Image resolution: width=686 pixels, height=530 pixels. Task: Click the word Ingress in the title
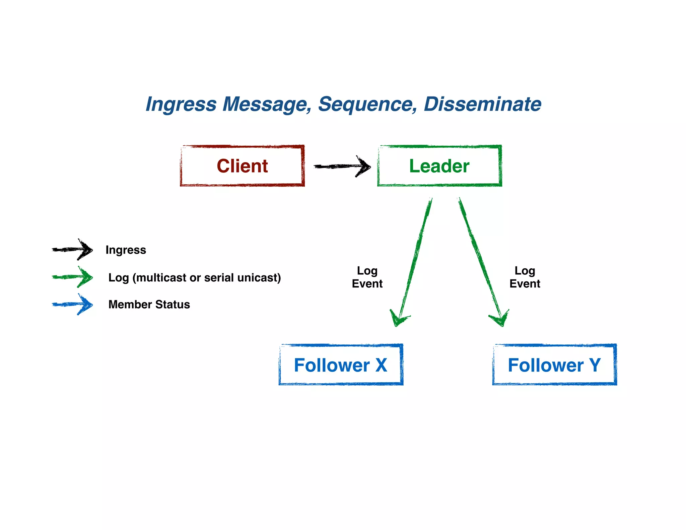click(181, 104)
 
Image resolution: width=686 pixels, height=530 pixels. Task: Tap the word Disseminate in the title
click(482, 104)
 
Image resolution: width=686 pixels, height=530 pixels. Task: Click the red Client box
click(242, 166)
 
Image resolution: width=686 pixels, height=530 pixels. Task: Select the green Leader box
click(439, 166)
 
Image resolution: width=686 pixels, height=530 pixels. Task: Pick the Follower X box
click(341, 365)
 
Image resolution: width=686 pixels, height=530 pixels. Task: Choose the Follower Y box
click(554, 365)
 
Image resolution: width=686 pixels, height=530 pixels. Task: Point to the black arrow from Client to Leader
click(342, 166)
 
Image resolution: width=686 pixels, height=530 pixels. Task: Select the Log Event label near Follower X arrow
click(367, 277)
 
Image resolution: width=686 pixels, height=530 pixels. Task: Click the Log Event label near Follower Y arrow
click(525, 277)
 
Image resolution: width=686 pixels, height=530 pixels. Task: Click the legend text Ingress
click(126, 250)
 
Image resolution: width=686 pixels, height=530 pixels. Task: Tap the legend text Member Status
click(149, 304)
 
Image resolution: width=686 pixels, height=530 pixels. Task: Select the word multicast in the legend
click(160, 278)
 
